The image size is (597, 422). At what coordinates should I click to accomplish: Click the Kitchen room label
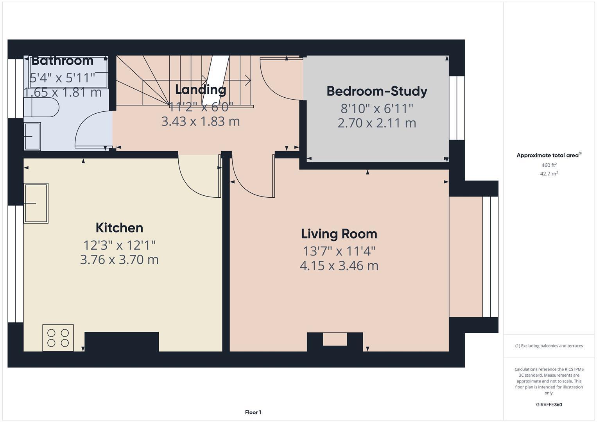pyautogui.click(x=119, y=227)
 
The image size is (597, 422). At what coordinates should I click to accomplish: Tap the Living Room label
pyautogui.click(x=339, y=234)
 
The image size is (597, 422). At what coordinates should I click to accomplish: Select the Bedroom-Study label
pyautogui.click(x=377, y=91)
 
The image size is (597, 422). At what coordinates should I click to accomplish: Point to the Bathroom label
pyautogui.click(x=62, y=61)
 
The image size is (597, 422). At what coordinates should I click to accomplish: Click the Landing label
pyautogui.click(x=201, y=89)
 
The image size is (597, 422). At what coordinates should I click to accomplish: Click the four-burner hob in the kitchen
pyautogui.click(x=58, y=338)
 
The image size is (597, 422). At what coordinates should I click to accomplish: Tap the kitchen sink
pyautogui.click(x=36, y=203)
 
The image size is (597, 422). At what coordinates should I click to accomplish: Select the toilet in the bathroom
pyautogui.click(x=41, y=107)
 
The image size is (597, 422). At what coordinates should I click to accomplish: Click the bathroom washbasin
pyautogui.click(x=32, y=136)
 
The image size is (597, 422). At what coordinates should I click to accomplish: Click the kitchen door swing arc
pyautogui.click(x=197, y=178)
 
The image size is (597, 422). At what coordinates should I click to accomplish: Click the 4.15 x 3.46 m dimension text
pyautogui.click(x=339, y=266)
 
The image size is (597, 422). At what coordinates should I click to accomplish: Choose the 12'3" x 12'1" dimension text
pyautogui.click(x=119, y=245)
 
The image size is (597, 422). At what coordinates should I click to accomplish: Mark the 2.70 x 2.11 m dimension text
pyautogui.click(x=377, y=123)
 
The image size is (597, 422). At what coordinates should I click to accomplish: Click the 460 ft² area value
pyautogui.click(x=549, y=165)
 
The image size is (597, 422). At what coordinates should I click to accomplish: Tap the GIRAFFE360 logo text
pyautogui.click(x=549, y=405)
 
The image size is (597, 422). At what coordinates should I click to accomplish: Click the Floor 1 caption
pyautogui.click(x=253, y=412)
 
